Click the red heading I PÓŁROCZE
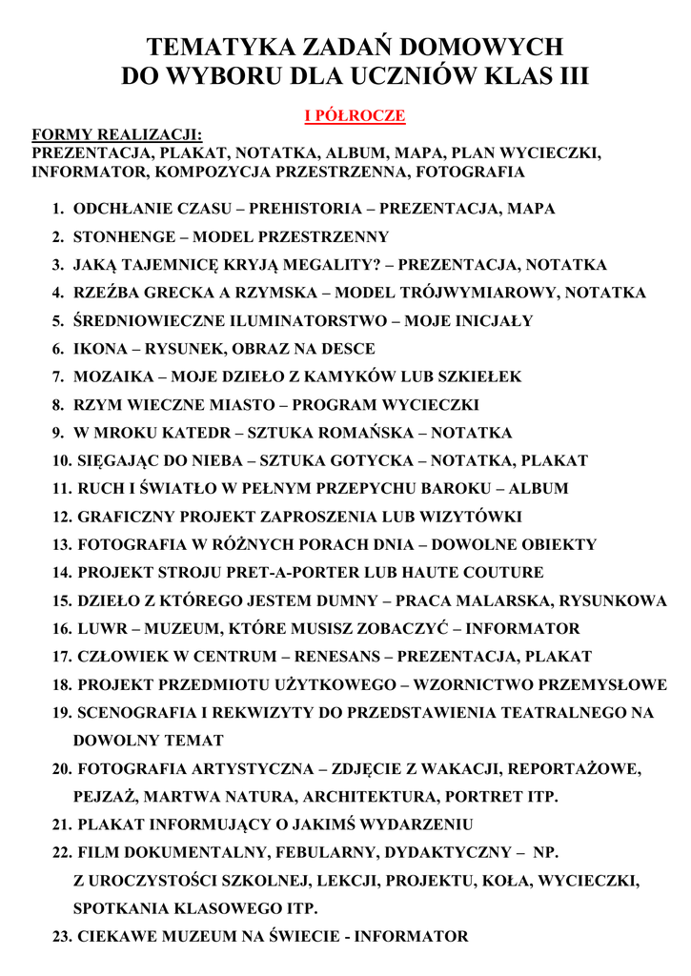355,116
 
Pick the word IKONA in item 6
99,349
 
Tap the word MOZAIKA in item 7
111,376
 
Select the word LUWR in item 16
99,629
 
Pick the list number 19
62,713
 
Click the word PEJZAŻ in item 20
104,796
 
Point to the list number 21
62,824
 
